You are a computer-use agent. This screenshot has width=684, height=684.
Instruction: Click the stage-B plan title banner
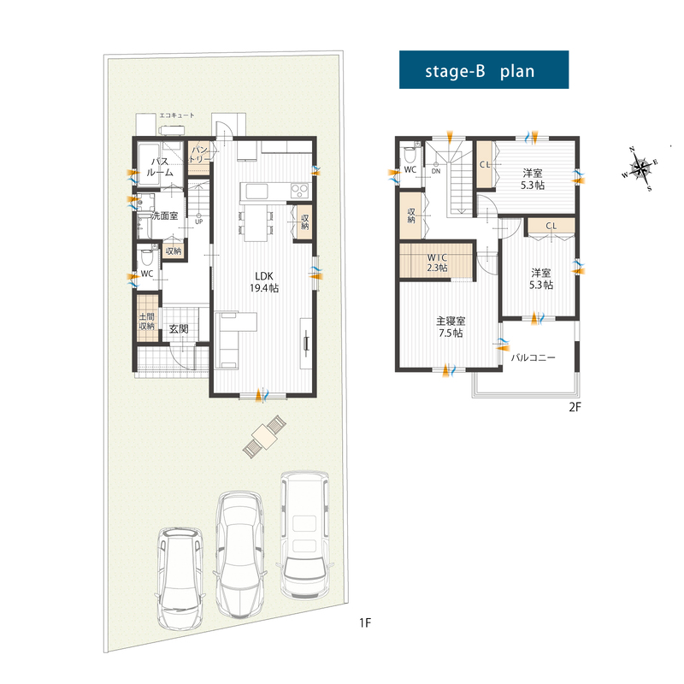[484, 70]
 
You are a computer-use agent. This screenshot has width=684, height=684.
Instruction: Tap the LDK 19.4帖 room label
[264, 282]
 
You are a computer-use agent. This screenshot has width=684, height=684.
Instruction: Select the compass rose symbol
[640, 168]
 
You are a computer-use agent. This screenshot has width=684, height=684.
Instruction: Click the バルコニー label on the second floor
[533, 357]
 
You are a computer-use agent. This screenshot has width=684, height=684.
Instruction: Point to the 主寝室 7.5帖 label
[451, 327]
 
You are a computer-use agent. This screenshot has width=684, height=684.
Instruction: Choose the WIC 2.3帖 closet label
[437, 262]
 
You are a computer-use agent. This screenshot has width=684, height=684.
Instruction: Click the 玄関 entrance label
[179, 328]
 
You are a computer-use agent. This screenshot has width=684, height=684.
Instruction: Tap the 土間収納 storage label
[146, 321]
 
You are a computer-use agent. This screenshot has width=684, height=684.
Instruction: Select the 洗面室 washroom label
[165, 215]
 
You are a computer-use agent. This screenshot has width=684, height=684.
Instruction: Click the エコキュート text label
[177, 115]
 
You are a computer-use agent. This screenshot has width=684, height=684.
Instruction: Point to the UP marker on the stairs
[199, 221]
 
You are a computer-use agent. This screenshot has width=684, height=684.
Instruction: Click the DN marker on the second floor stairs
[436, 171]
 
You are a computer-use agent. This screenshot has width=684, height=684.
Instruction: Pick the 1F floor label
[365, 623]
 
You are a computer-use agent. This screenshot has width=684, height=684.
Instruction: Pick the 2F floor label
[575, 407]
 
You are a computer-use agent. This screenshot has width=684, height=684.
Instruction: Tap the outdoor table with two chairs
[264, 436]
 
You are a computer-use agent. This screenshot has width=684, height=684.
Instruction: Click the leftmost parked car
[180, 578]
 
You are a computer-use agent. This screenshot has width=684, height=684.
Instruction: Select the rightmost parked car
[304, 535]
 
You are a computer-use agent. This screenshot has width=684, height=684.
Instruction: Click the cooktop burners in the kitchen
[300, 190]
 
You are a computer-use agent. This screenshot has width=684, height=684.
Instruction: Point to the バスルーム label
[160, 167]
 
